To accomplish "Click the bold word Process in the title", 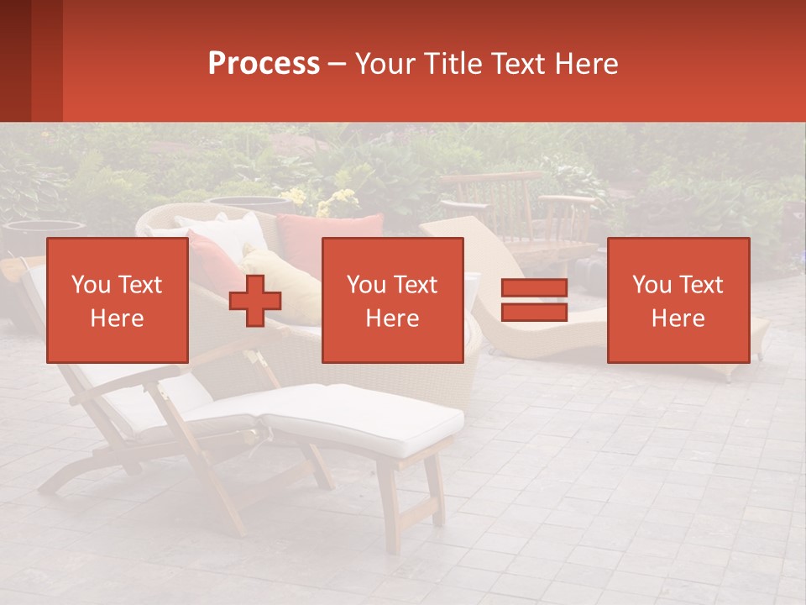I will [x=264, y=64].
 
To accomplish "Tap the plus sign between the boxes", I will [x=255, y=301].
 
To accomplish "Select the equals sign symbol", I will [x=534, y=300].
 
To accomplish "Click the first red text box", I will [x=117, y=300].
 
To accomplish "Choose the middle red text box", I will [x=392, y=300].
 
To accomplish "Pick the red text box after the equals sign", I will [x=678, y=300].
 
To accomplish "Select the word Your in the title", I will [x=383, y=64].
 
